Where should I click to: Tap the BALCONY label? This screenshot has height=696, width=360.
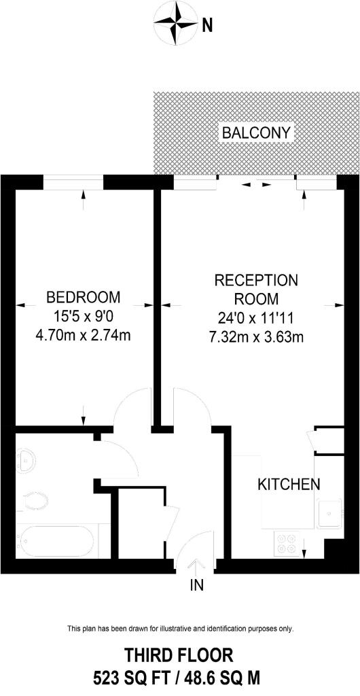click(257, 133)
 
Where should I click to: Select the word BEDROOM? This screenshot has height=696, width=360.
click(83, 297)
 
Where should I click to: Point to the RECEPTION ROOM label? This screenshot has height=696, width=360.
click(256, 289)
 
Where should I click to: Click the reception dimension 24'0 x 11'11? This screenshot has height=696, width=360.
click(256, 316)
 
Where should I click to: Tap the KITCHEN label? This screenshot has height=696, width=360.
click(289, 485)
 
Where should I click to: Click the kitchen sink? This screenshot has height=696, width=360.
click(328, 513)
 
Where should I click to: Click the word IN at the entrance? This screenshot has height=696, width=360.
click(196, 584)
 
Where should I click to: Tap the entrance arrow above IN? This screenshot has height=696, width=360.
click(198, 565)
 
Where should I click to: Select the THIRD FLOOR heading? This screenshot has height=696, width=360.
click(179, 655)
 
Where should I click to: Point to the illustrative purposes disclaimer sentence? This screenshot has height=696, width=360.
click(180, 628)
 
